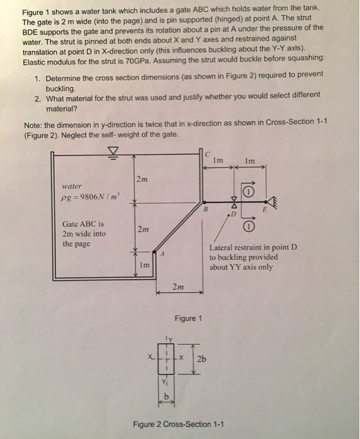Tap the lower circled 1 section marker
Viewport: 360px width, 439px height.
(x=250, y=226)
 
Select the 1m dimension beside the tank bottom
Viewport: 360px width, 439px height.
(x=144, y=265)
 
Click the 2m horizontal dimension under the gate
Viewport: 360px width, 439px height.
(x=179, y=287)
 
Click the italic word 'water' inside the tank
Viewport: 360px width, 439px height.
(x=73, y=186)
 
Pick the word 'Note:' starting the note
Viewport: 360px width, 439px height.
(x=33, y=122)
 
